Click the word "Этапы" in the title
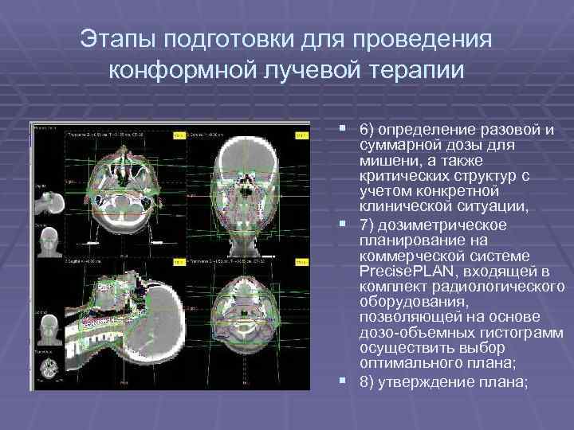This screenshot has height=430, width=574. tap(131, 39)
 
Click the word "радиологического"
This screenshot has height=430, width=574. tap(501, 287)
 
